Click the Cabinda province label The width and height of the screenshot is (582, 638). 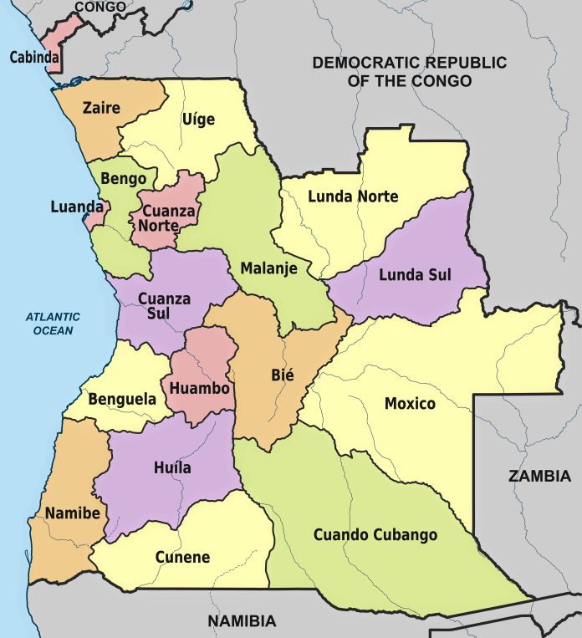point(34,58)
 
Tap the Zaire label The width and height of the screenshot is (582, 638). point(100,108)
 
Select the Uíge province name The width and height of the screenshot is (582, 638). point(198,119)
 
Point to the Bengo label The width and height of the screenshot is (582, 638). point(123,178)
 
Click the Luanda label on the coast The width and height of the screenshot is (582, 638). point(77,206)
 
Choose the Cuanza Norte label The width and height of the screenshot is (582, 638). point(168,218)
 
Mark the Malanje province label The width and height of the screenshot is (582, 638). point(263,268)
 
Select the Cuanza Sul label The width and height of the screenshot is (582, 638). point(164,305)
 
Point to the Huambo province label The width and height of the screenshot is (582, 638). point(199,388)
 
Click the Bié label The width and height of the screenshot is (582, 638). point(282,375)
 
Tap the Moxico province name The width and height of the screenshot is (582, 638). point(410,404)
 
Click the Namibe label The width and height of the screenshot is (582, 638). point(74,512)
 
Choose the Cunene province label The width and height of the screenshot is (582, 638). point(182,557)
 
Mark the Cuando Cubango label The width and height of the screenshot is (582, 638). point(375,534)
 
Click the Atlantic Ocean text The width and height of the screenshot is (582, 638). point(53,324)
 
